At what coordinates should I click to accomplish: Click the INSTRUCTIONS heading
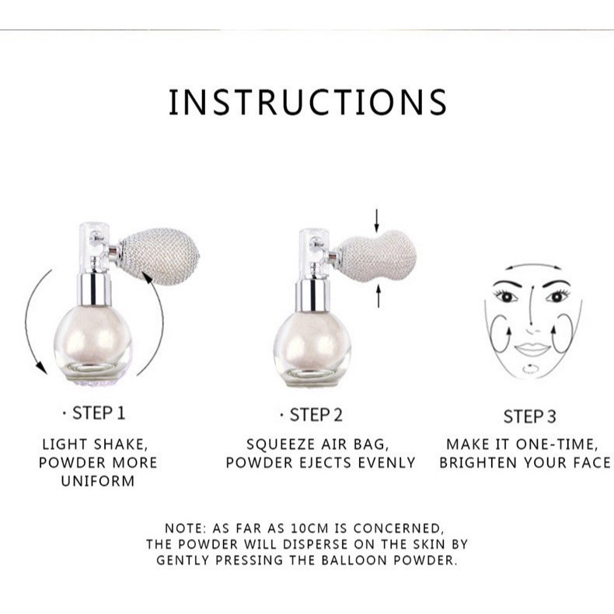pyautogui.click(x=308, y=102)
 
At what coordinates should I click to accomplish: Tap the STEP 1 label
pyautogui.click(x=99, y=413)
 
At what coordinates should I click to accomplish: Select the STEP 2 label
pyautogui.click(x=316, y=415)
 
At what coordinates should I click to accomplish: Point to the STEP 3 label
pyautogui.click(x=529, y=417)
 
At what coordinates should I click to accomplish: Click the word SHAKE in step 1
pyautogui.click(x=120, y=445)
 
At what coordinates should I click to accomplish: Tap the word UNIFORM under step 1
pyautogui.click(x=98, y=481)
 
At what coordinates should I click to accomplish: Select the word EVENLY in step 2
pyautogui.click(x=386, y=463)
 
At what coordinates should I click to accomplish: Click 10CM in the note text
pyautogui.click(x=309, y=529)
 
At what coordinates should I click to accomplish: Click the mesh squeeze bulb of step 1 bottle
pyautogui.click(x=159, y=256)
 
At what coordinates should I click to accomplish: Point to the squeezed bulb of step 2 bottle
pyautogui.click(x=376, y=256)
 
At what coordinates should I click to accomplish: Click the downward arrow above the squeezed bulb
pyautogui.click(x=377, y=221)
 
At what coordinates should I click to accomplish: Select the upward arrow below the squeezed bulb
pyautogui.click(x=379, y=296)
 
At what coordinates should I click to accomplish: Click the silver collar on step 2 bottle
pyautogui.click(x=312, y=295)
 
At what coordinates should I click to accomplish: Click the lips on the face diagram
pyautogui.click(x=532, y=348)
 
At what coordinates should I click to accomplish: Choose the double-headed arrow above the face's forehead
pyautogui.click(x=533, y=267)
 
